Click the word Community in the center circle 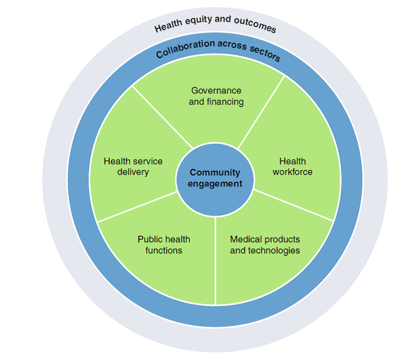click(215, 173)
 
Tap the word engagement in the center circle click(215, 184)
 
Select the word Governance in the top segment click(216, 90)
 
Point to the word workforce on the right click(292, 172)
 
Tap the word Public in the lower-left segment click(149, 240)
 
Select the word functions click(164, 251)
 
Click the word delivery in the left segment click(133, 172)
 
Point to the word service click(148, 162)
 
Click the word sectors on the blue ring click(262, 53)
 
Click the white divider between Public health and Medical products click(215, 262)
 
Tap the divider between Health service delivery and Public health click(136, 207)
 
